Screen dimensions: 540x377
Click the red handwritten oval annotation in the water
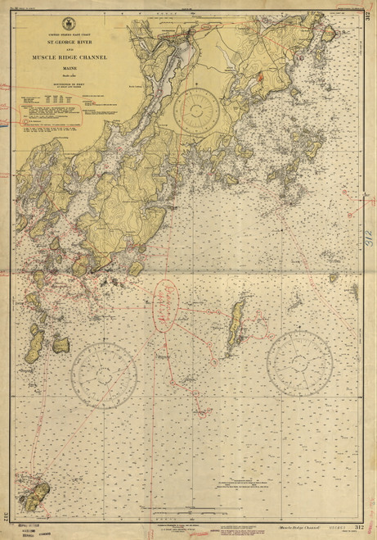(x=167, y=306)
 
